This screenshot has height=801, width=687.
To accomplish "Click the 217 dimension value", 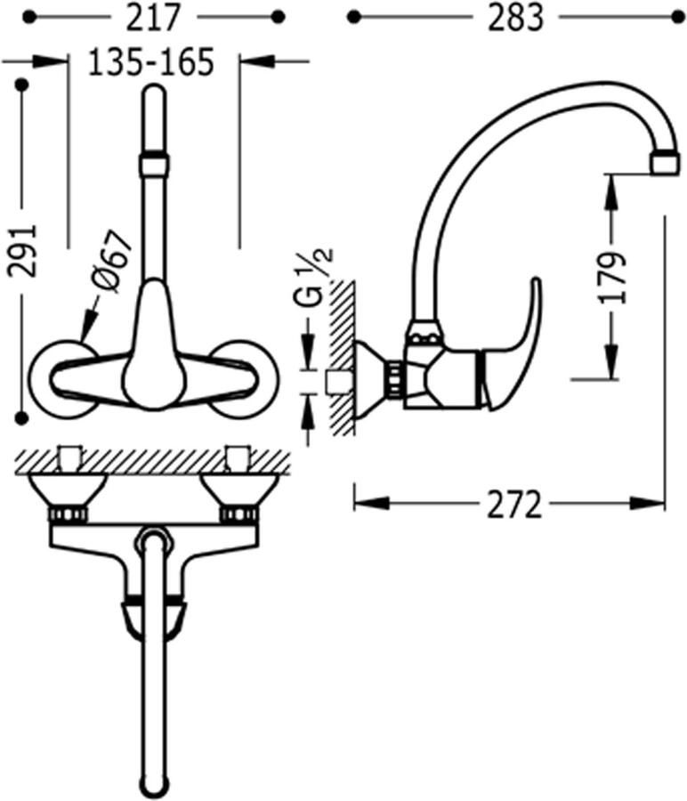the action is pos(154,18).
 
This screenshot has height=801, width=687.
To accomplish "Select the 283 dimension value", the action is pos(515,18).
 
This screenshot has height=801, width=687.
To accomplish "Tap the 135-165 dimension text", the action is pos(151,61).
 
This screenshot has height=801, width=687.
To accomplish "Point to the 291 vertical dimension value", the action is pos(22,251).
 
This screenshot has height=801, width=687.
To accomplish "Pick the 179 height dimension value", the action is pos(612,277).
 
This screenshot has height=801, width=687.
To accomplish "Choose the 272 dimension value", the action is pos(513,505).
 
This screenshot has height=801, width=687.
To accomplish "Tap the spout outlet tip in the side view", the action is pos(666,164).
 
